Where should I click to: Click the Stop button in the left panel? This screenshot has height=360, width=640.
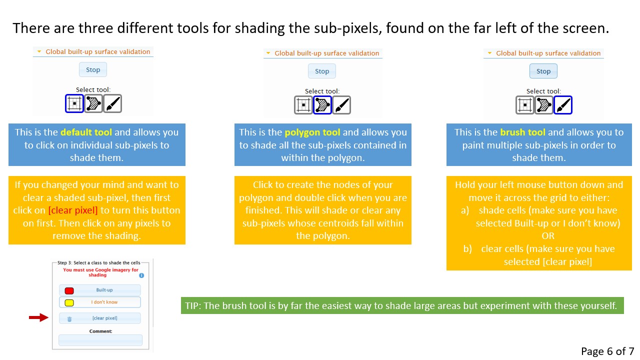pos(93,69)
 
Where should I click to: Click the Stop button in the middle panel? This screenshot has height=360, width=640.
pos(321,71)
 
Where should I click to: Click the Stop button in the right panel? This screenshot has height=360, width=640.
pos(543,71)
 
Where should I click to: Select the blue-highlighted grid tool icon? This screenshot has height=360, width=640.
pos(74,103)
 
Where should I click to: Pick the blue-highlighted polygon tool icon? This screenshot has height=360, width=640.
pos(322,105)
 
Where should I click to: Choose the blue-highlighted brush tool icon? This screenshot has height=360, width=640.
pos(563,105)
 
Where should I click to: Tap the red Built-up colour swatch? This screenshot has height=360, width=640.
pos(69,290)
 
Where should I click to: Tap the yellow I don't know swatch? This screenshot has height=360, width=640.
pos(69,302)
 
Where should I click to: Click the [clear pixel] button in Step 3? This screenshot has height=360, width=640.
pos(99,318)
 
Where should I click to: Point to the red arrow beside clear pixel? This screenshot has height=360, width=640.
pos(39,317)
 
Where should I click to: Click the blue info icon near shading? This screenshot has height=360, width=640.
pos(141,275)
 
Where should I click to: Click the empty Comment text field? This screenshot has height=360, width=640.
pos(100,340)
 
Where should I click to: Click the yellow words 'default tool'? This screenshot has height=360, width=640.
pos(86,132)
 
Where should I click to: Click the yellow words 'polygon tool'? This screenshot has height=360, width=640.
pos(312,132)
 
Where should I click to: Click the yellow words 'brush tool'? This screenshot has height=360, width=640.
pos(522,132)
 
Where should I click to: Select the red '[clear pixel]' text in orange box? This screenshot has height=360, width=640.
pos(73,210)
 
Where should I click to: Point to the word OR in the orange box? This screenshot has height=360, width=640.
pos(547,235)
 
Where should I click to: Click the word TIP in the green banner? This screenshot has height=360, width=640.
pos(192,305)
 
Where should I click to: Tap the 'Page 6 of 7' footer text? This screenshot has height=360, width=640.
pos(607,351)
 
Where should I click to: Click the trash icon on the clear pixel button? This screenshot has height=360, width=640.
pos(69,319)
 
